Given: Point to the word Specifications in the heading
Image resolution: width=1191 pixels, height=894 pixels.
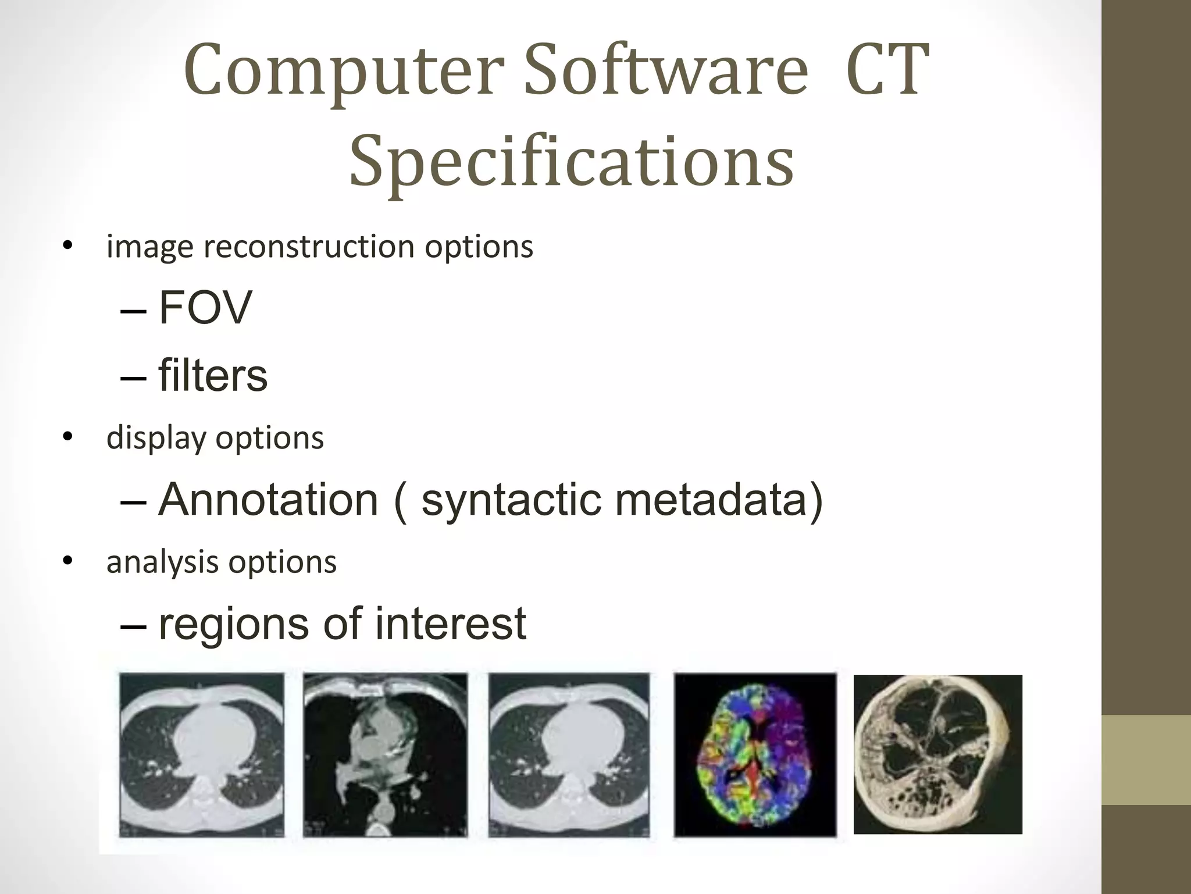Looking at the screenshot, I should (571, 162).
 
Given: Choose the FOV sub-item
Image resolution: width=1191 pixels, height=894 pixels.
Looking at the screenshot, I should (205, 307).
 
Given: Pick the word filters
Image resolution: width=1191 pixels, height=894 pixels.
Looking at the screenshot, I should (212, 375).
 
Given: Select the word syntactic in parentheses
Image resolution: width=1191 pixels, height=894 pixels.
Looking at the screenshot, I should (511, 500).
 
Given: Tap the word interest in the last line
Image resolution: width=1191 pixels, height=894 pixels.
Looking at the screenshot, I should (450, 624).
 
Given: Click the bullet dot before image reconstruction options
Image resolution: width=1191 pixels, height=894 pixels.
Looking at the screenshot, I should (68, 247).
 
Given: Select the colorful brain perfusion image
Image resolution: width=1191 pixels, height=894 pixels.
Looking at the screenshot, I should (755, 754).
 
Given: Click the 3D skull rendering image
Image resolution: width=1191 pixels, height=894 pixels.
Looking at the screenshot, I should (937, 754).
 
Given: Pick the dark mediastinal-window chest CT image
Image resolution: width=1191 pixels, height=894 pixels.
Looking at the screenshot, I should (385, 754).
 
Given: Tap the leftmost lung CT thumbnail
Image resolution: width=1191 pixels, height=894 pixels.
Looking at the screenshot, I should (202, 754).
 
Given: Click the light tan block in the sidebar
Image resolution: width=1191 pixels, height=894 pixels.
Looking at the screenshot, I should (1146, 760).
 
